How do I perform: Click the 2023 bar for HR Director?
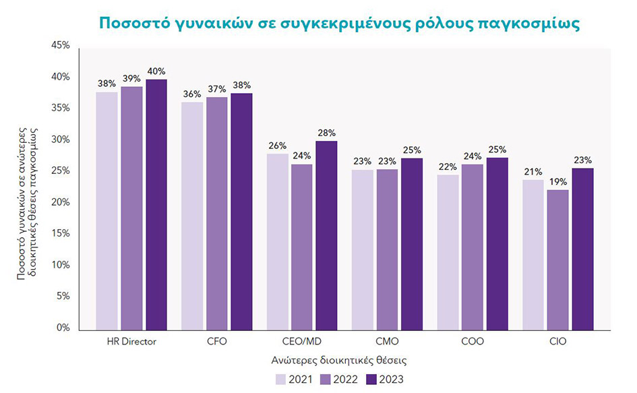[x=156, y=204]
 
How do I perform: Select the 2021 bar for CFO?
[x=193, y=216]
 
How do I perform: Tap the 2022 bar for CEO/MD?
[x=302, y=247]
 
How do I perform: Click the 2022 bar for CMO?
[x=388, y=249]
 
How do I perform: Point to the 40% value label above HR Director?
[x=156, y=71]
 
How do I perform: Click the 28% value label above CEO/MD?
[x=326, y=133]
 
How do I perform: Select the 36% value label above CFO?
[x=193, y=94]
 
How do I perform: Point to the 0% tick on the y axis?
[x=63, y=328]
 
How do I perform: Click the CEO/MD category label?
[x=302, y=342]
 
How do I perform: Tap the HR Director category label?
[x=131, y=342]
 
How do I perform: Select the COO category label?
[x=473, y=342]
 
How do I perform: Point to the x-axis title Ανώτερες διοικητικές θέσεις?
[x=338, y=361]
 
